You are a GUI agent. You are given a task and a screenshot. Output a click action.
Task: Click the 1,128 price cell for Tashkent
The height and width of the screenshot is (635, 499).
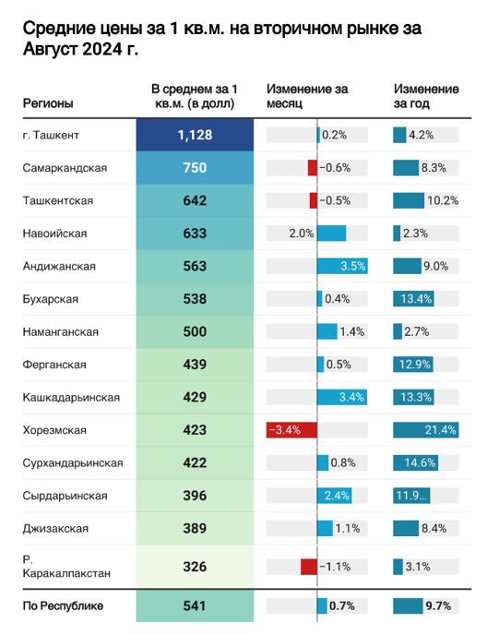(x=195, y=135)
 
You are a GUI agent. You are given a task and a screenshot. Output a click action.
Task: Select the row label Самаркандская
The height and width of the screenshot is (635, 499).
(x=65, y=168)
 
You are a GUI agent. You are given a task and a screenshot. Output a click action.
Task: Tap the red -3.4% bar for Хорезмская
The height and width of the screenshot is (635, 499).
(x=291, y=430)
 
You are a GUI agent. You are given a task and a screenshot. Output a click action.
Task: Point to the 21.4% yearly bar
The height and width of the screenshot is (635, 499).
(x=426, y=430)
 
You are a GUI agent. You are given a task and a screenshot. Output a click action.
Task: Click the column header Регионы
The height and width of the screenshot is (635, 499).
(x=48, y=103)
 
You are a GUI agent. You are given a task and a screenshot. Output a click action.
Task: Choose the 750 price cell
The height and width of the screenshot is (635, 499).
(x=195, y=168)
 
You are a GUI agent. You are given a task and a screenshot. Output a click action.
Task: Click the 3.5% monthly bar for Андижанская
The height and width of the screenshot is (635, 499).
(x=342, y=266)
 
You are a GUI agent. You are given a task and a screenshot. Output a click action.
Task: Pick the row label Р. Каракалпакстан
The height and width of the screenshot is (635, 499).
(x=66, y=566)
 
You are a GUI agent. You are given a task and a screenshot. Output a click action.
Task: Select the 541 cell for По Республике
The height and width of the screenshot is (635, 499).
(x=195, y=605)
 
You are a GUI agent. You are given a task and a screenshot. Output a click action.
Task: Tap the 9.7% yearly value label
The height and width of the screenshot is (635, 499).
(x=438, y=605)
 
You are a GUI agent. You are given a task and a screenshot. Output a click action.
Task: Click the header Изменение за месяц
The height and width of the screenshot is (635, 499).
(x=307, y=96)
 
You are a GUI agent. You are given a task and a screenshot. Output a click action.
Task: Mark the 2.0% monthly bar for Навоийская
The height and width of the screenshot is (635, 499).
(x=331, y=234)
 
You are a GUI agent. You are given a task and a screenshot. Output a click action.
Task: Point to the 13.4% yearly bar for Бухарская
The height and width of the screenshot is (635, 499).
(x=413, y=299)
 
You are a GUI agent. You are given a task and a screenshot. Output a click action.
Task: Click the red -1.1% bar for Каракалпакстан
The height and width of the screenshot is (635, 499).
(x=309, y=567)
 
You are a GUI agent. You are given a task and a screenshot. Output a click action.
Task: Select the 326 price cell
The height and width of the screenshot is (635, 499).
(x=195, y=567)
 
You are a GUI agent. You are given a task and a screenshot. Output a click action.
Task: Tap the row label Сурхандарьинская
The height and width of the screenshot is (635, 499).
(x=73, y=463)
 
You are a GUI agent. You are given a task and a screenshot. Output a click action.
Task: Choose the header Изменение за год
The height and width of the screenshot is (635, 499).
(x=426, y=96)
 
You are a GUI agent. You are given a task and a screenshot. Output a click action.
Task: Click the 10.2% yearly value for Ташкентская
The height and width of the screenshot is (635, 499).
(x=443, y=200)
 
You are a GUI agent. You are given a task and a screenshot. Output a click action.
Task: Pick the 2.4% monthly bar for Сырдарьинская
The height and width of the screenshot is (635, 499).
(x=334, y=496)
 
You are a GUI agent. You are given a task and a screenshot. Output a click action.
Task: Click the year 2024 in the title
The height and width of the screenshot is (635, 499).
(x=102, y=49)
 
